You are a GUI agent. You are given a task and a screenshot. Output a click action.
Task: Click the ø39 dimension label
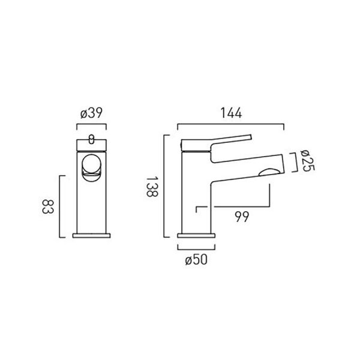pyautogui.click(x=91, y=113)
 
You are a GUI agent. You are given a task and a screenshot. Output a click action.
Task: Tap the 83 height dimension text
pyautogui.click(x=48, y=207)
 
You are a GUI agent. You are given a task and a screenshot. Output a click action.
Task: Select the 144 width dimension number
pyautogui.click(x=231, y=113)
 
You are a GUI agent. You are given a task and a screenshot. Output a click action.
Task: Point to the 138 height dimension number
pyautogui.click(x=152, y=186)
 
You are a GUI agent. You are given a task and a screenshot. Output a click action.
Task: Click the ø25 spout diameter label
pyautogui.click(x=308, y=161)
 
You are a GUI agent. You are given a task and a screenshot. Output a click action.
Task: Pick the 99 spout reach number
pyautogui.click(x=242, y=217)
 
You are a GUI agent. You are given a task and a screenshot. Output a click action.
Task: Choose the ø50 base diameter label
pyautogui.click(x=196, y=260)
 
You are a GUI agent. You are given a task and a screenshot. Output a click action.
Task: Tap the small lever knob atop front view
pyautogui.click(x=91, y=139)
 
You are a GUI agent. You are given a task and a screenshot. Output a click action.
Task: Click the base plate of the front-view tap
pyautogui.click(x=91, y=236)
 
